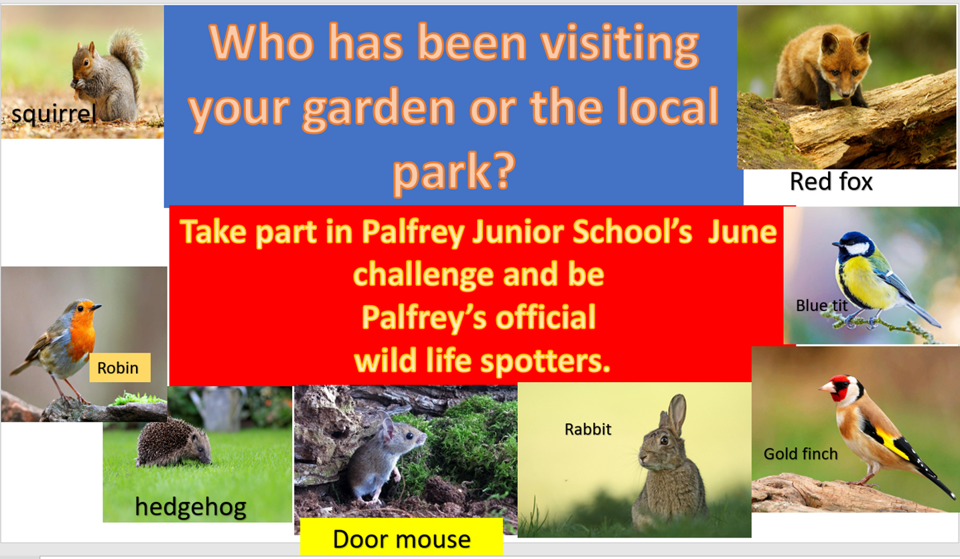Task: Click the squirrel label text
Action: tap(54, 115)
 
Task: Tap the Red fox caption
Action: tap(831, 182)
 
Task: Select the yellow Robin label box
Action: tap(120, 367)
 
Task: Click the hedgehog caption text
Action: tap(191, 507)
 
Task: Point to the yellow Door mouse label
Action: tap(401, 537)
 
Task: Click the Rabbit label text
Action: tap(588, 429)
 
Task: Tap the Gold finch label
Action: tap(801, 454)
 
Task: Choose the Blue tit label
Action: tap(821, 306)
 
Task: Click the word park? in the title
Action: tap(454, 172)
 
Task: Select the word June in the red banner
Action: tap(742, 231)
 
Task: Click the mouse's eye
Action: tap(410, 436)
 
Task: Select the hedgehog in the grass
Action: tap(174, 444)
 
